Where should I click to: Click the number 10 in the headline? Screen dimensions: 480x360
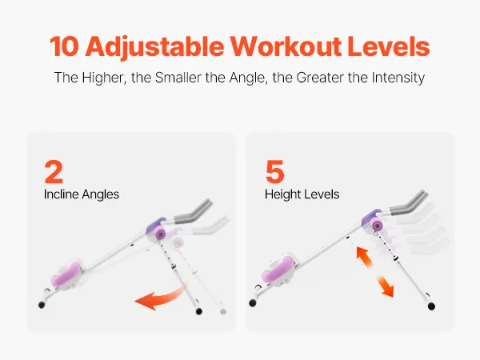(x=64, y=46)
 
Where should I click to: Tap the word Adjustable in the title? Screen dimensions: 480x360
(x=154, y=47)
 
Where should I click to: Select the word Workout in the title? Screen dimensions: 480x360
(x=286, y=46)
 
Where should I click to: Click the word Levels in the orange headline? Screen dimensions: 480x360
(x=389, y=46)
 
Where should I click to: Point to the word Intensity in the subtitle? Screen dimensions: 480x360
(x=398, y=78)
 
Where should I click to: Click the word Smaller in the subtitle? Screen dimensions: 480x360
(x=178, y=78)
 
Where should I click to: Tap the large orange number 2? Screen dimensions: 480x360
(x=54, y=171)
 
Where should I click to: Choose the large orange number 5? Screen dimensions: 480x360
(x=274, y=171)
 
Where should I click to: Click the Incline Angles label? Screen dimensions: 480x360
(x=82, y=194)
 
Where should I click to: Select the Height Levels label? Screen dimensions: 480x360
(x=302, y=194)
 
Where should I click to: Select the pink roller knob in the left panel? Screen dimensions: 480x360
(x=161, y=234)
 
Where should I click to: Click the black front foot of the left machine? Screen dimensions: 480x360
(x=42, y=305)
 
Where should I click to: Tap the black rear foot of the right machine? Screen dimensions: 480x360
(x=431, y=306)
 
